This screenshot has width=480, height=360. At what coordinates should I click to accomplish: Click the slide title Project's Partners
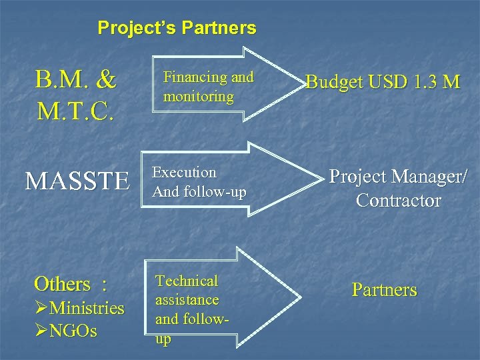pyautogui.click(x=177, y=28)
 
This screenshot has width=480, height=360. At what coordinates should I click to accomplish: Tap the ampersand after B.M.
pyautogui.click(x=105, y=81)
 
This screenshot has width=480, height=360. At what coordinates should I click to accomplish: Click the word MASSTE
pyautogui.click(x=77, y=181)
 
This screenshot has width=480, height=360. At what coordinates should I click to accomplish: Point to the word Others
pyautogui.click(x=62, y=284)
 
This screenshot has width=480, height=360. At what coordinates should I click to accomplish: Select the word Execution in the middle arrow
pyautogui.click(x=185, y=173)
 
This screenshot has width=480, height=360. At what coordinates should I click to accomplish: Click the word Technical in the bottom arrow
pyautogui.click(x=187, y=281)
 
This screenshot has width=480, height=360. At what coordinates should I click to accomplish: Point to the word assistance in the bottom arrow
pyautogui.click(x=187, y=300)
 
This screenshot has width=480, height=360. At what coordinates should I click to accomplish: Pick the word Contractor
pyautogui.click(x=398, y=200)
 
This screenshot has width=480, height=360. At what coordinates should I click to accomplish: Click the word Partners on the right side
pyautogui.click(x=384, y=290)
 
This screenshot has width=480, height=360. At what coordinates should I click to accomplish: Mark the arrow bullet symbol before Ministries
pyautogui.click(x=41, y=309)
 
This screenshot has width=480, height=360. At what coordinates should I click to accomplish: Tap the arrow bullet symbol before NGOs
pyautogui.click(x=41, y=331)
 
